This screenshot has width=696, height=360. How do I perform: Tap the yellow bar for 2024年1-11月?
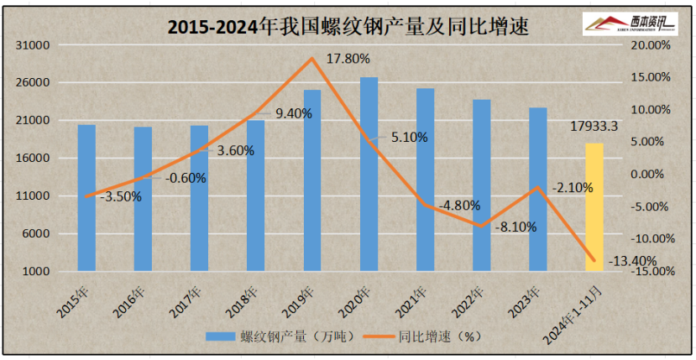pyautogui.click(x=594, y=206)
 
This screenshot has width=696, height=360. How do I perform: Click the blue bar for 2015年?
pyautogui.click(x=86, y=197)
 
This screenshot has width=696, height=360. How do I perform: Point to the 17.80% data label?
pyautogui.click(x=348, y=59)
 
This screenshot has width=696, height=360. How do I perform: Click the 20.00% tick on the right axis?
pyautogui.click(x=651, y=45)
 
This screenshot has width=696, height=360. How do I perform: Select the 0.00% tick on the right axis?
pyautogui.click(x=653, y=175)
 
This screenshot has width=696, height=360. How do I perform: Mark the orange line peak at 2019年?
pyautogui.click(x=312, y=58)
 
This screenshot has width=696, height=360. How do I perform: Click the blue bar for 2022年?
pyautogui.click(x=481, y=185)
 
